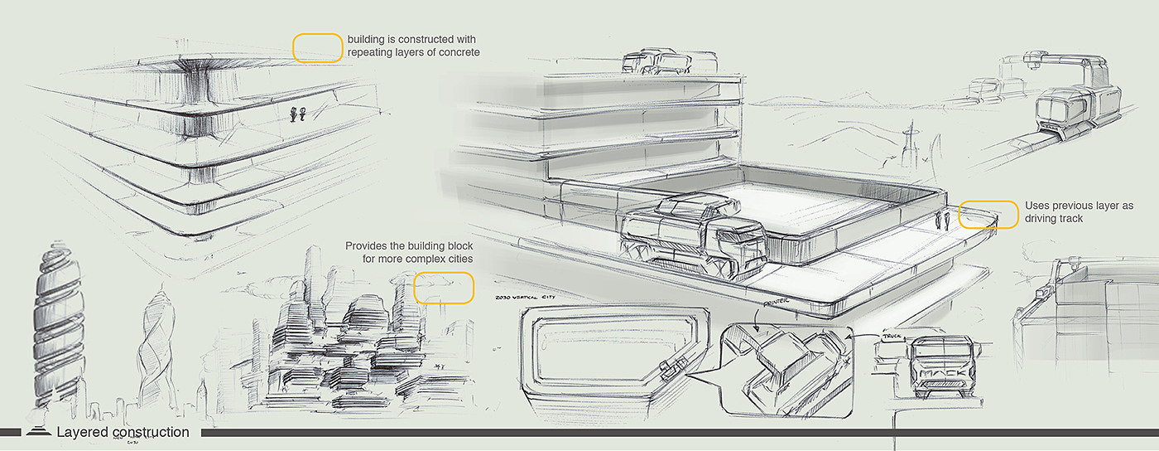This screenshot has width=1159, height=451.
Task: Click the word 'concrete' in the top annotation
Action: (459, 52)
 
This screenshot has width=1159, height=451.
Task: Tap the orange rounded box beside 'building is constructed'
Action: (318, 48)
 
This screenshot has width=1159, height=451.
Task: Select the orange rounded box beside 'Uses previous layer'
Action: (988, 215)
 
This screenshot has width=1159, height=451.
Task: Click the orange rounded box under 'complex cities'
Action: (444, 287)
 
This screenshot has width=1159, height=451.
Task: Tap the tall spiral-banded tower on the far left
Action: (52, 332)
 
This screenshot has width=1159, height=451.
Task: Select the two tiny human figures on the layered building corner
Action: (299, 114)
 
